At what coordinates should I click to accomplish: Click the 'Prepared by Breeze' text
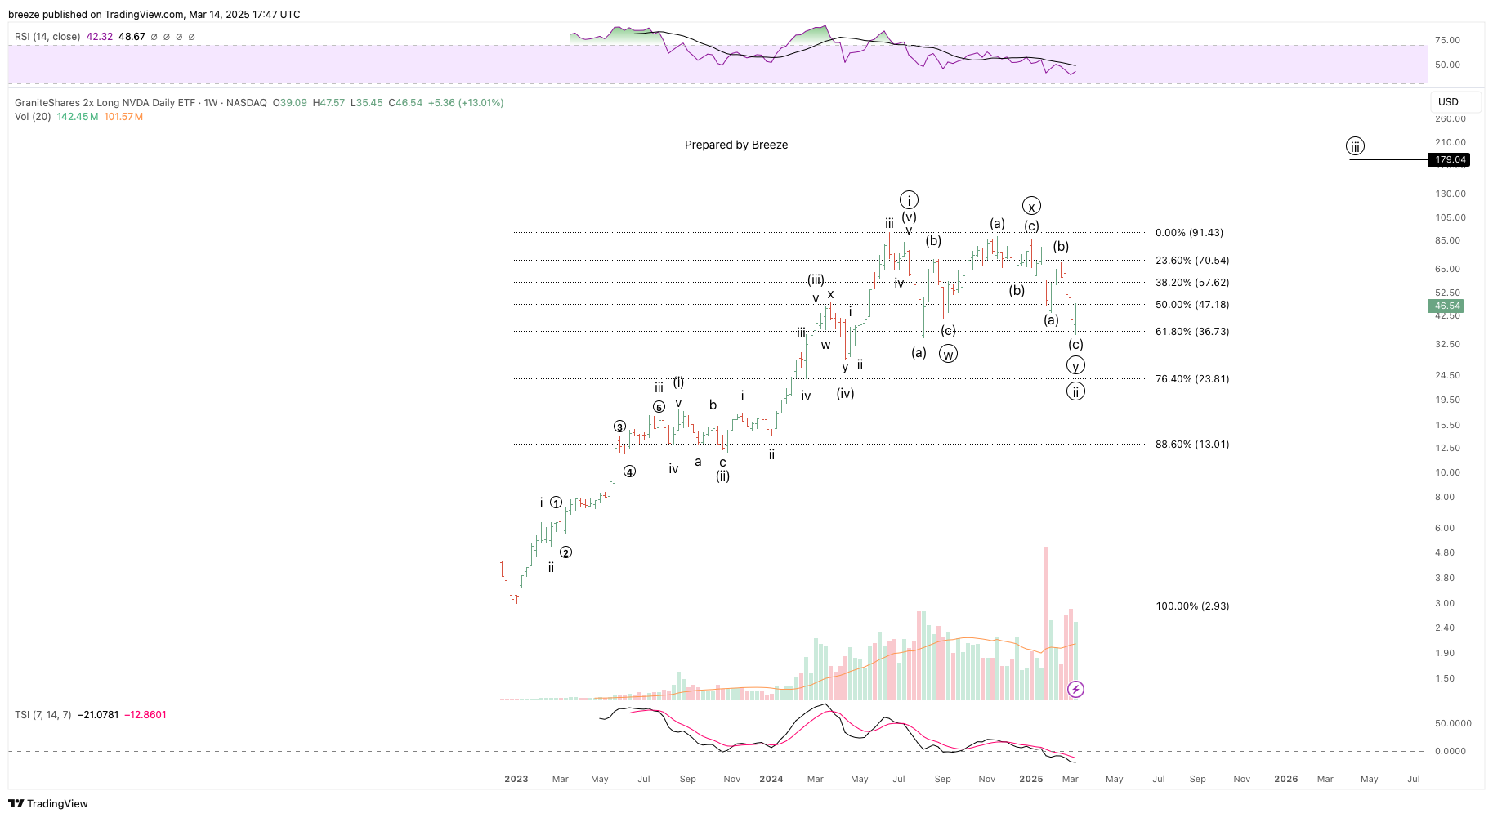tap(736, 145)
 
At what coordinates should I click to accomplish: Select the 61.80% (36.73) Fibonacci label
tap(1191, 332)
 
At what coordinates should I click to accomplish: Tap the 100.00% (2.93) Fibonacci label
tap(1191, 606)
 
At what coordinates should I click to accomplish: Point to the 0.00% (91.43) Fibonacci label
tap(1189, 233)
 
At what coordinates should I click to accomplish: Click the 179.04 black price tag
tap(1451, 160)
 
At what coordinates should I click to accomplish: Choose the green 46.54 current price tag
tap(1447, 306)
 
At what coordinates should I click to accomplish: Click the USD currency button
tap(1448, 102)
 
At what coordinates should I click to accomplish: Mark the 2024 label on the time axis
tap(771, 779)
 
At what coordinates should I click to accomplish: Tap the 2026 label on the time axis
tap(1285, 779)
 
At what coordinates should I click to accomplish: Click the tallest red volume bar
tap(1046, 621)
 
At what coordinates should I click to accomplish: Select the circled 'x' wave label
tap(1031, 207)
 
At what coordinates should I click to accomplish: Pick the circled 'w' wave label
tap(948, 354)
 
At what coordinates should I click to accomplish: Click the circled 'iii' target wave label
tap(1355, 147)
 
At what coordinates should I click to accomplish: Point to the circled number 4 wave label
tap(629, 472)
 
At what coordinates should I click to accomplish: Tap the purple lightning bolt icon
tap(1075, 690)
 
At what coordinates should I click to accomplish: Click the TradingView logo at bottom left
tap(48, 803)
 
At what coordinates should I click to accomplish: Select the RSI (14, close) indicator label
tap(47, 37)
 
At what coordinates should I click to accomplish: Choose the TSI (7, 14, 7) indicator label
tap(42, 715)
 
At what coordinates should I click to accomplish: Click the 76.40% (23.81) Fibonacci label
tap(1191, 379)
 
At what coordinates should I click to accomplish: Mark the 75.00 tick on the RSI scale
tap(1447, 40)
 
